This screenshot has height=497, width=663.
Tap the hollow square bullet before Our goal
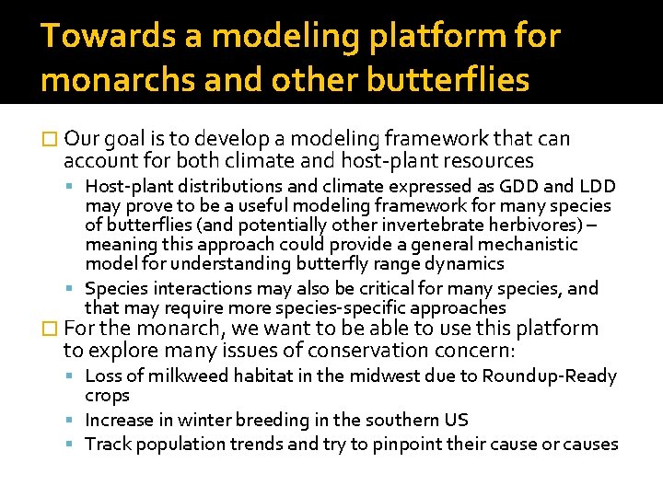click(49, 140)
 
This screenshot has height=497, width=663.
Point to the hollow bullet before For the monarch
click(49, 329)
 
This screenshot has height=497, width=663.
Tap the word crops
click(107, 395)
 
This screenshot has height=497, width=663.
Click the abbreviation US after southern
click(456, 420)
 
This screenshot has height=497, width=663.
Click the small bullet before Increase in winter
click(74, 421)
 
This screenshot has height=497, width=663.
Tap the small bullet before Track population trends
click(74, 445)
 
